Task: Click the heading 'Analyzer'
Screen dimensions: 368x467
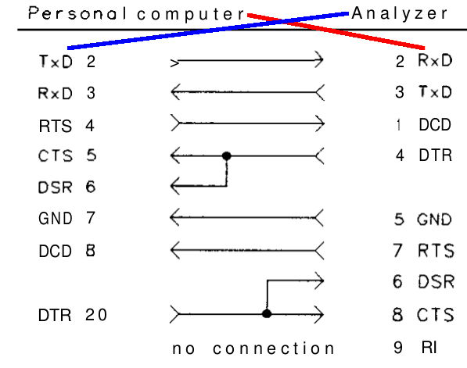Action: click(400, 13)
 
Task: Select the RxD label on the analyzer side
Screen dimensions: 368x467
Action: click(435, 59)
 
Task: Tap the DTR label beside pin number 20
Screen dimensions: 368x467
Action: click(54, 316)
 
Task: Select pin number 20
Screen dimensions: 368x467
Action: click(98, 316)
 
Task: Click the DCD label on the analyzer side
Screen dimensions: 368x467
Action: click(435, 123)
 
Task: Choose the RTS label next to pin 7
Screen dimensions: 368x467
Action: click(435, 251)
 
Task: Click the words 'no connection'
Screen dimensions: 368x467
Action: click(253, 348)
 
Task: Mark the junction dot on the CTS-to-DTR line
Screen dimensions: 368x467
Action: click(226, 155)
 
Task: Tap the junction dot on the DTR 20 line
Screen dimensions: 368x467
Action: click(267, 315)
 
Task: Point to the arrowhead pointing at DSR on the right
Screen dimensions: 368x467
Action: click(318, 278)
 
